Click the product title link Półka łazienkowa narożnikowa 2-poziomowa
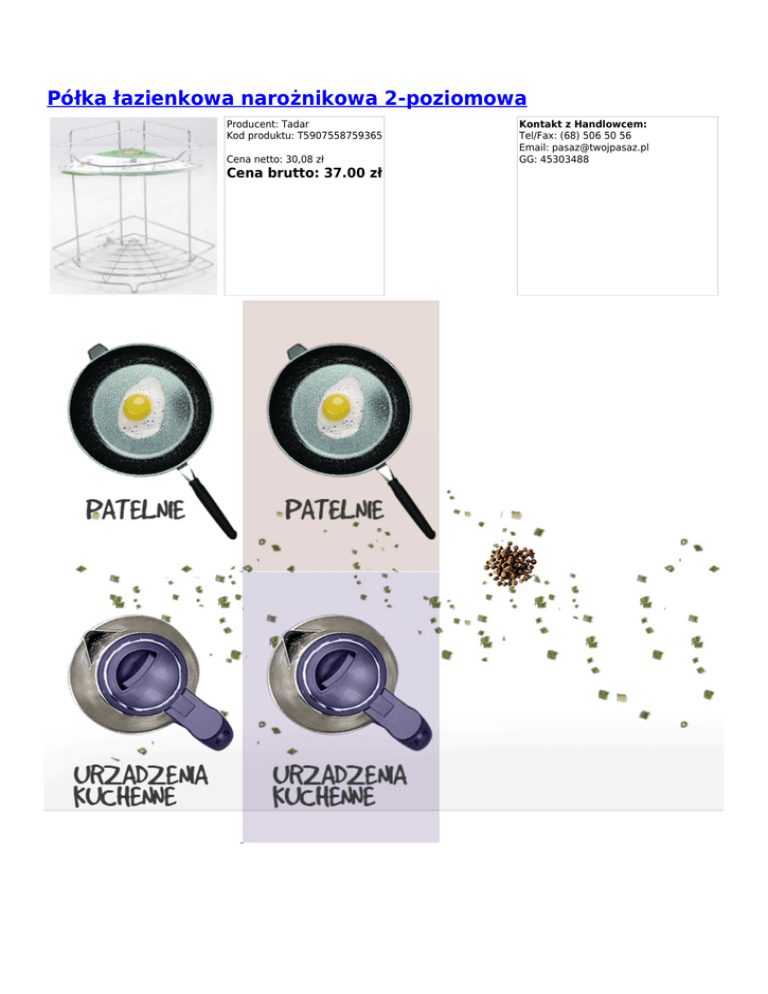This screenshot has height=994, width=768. [x=287, y=98]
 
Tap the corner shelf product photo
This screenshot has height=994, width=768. [x=134, y=206]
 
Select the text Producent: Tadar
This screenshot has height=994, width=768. [x=268, y=124]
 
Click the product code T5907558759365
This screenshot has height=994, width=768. [x=339, y=136]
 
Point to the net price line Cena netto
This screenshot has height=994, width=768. [x=275, y=159]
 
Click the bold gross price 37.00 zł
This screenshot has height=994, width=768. [x=353, y=173]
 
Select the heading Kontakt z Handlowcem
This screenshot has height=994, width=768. [x=583, y=124]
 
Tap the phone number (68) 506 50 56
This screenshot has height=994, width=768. [x=596, y=136]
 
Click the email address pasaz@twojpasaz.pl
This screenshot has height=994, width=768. [x=600, y=148]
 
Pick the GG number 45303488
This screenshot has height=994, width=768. [x=564, y=159]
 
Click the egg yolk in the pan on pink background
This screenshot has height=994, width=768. [x=337, y=407]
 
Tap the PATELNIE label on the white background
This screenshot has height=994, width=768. [x=135, y=510]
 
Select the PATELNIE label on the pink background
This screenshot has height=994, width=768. [x=334, y=510]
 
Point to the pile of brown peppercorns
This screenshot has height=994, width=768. [x=511, y=565]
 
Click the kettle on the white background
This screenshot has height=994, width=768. [x=150, y=681]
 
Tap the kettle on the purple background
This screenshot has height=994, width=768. [x=349, y=681]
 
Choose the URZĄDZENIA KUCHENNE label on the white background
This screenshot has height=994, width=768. [x=140, y=785]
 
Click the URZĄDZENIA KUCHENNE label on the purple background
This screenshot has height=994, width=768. [x=339, y=785]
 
